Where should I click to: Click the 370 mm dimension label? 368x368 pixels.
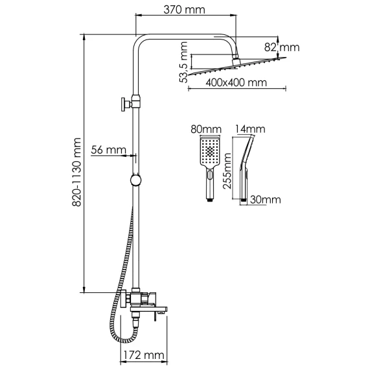(184, 10)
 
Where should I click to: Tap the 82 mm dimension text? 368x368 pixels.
(282, 47)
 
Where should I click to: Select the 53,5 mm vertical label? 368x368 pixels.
(183, 62)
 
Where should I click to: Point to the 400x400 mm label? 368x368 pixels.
(236, 83)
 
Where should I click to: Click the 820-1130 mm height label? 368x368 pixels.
(76, 172)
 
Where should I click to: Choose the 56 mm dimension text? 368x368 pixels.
(108, 150)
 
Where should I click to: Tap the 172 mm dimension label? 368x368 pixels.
(144, 355)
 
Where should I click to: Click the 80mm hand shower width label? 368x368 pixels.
(206, 130)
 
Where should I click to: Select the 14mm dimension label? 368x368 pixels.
(250, 130)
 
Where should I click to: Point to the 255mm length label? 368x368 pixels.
(227, 171)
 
